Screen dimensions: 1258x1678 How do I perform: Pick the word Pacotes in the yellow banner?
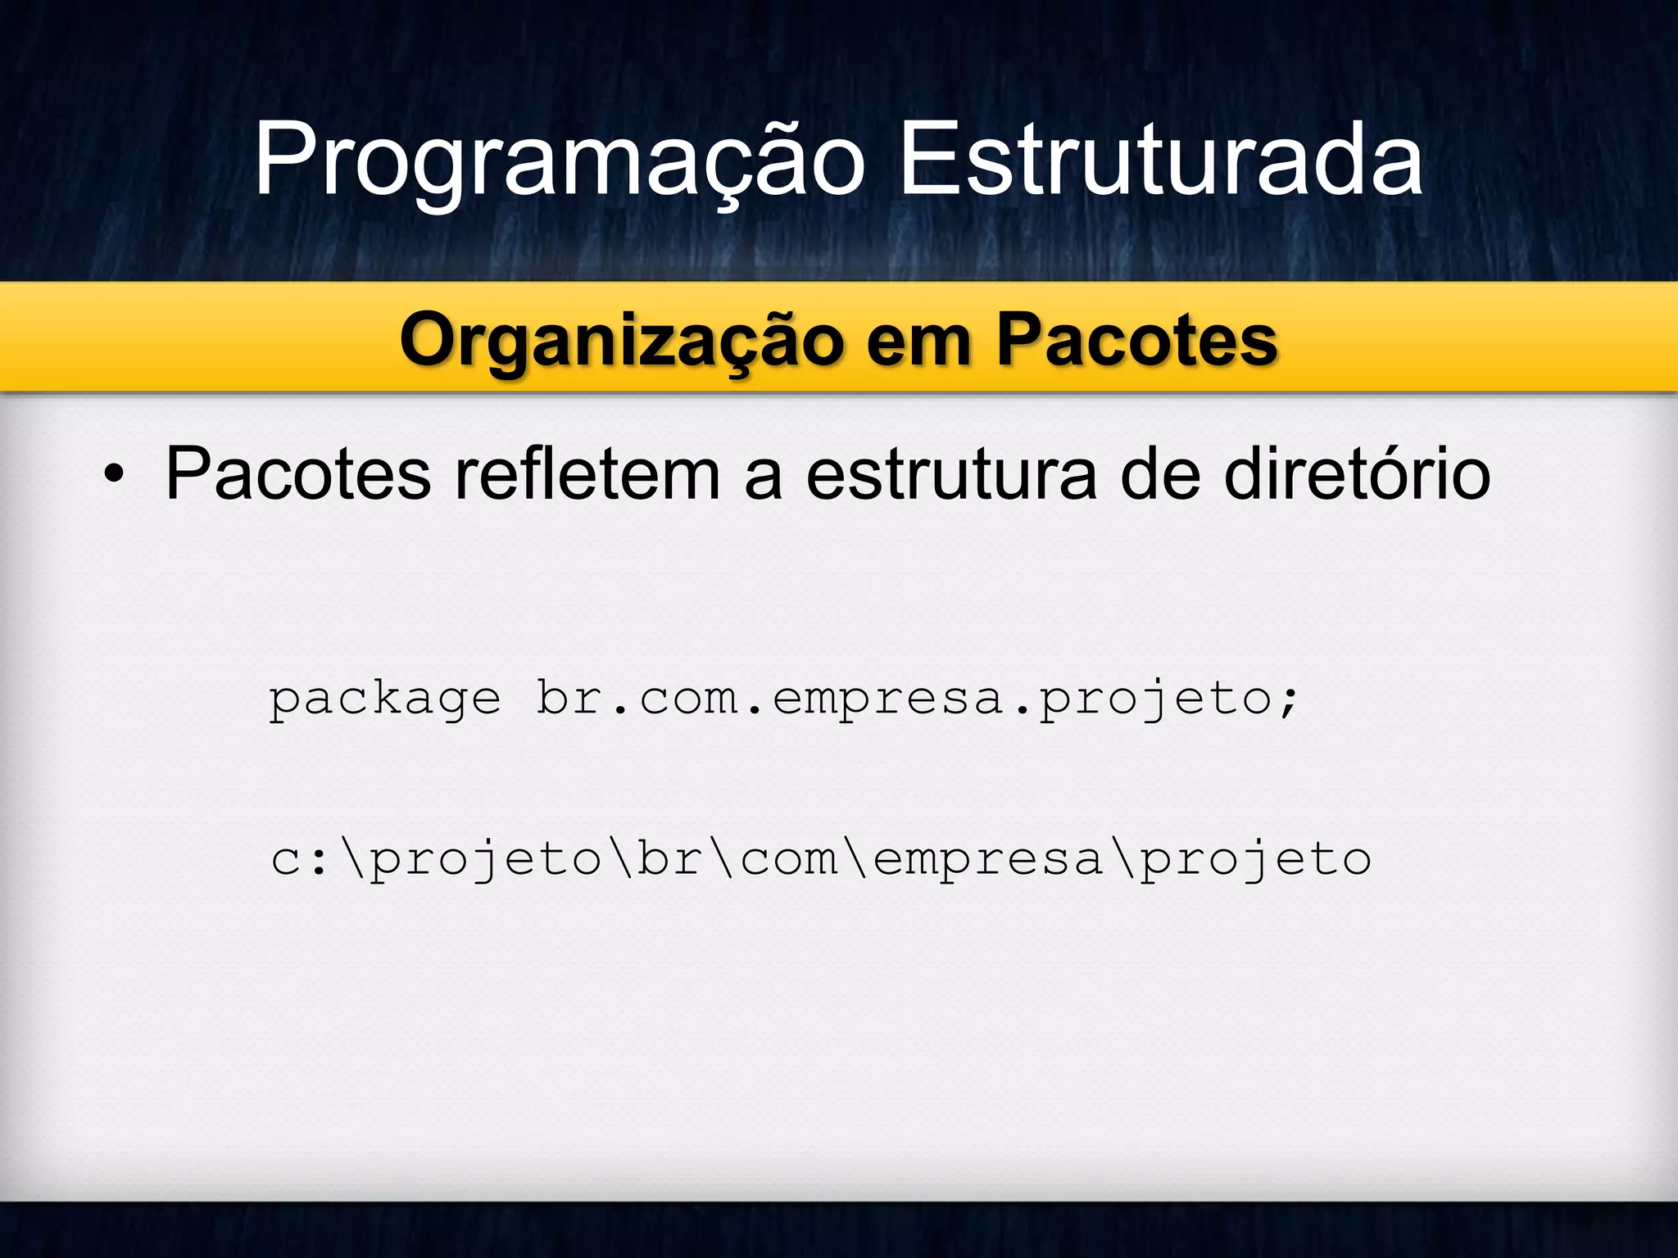pos(1136,341)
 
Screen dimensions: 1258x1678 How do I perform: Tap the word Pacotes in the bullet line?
pos(297,475)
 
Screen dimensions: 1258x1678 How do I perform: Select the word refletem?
pos(587,475)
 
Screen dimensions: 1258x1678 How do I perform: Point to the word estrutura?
pos(951,475)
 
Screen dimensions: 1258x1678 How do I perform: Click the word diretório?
pos(1358,475)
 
